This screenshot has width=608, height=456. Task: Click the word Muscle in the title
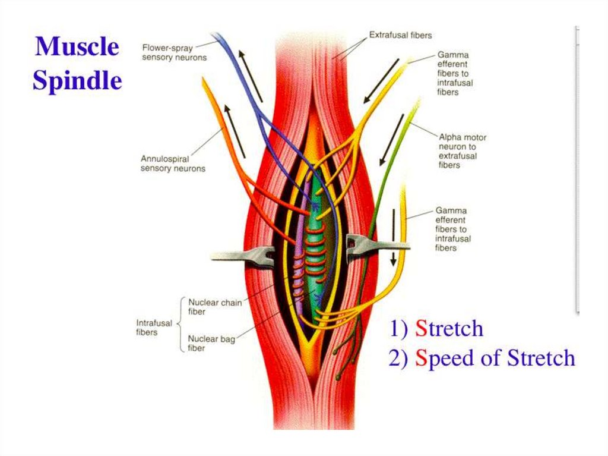77,46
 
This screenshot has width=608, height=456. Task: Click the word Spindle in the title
77,80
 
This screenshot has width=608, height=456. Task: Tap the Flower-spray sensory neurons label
174,52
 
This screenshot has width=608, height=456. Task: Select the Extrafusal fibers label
401,35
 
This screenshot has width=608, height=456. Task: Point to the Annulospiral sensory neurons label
173,163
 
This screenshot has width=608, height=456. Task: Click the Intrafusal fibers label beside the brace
154,328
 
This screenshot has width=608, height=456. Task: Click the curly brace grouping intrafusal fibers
179,325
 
